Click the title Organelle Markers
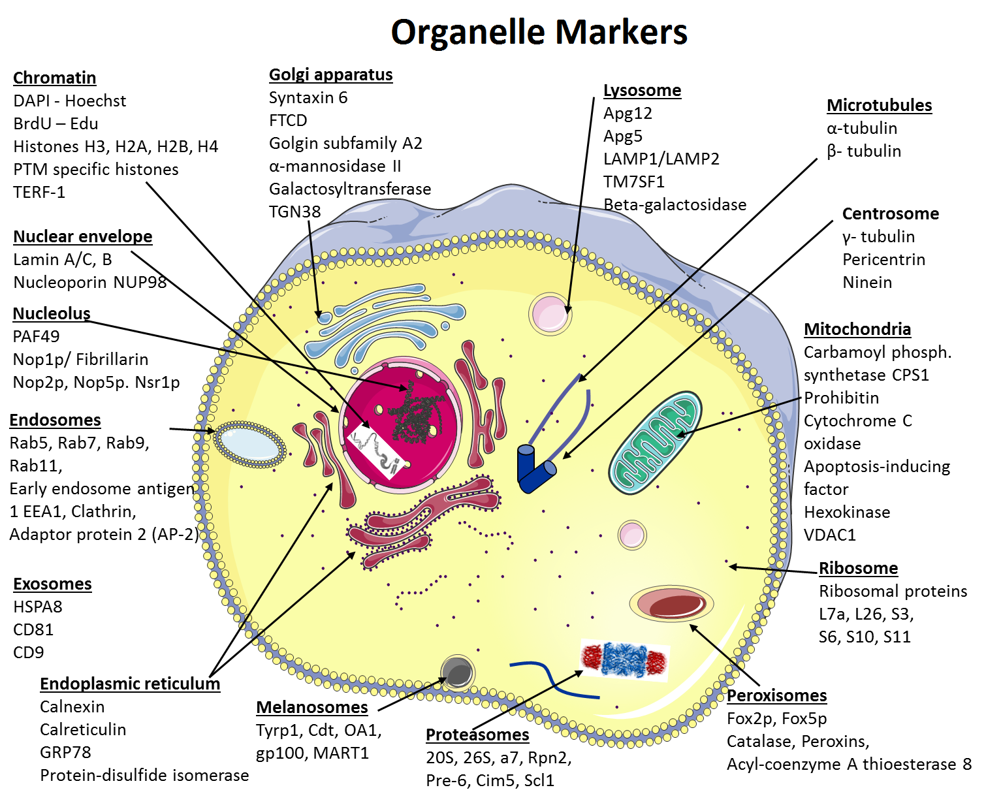point(539,33)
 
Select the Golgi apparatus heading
point(331,74)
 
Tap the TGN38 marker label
point(294,212)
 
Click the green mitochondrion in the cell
point(655,442)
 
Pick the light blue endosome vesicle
point(249,445)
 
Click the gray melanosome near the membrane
point(457,673)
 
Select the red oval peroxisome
point(671,604)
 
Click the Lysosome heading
point(642,90)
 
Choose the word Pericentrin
point(884,260)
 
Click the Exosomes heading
point(52,584)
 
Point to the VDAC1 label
point(830,535)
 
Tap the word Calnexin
point(72,707)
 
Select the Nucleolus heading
point(52,314)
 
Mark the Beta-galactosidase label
point(675,205)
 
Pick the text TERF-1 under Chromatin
point(39,193)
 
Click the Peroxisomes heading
point(777,696)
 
